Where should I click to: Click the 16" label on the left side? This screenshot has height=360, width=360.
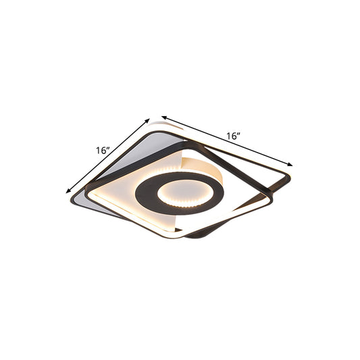pos(103,151)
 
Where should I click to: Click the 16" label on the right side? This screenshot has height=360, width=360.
pos(234,136)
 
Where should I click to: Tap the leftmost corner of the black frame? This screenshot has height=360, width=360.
pos(86,190)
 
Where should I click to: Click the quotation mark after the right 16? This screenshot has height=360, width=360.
pos(240,133)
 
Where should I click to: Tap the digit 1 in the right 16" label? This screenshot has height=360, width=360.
pos(228,136)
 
